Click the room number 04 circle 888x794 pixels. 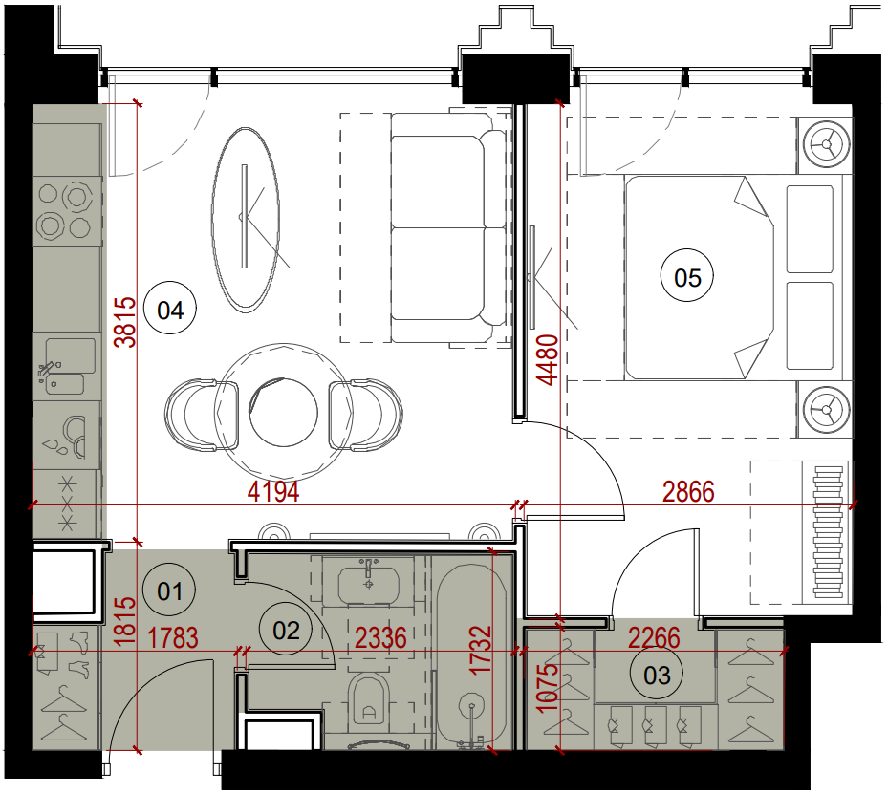click(170, 310)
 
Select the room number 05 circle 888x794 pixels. click(687, 277)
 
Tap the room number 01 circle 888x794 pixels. click(169, 590)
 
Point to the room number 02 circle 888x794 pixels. click(286, 630)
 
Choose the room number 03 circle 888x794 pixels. click(657, 674)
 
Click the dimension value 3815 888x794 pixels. click(125, 322)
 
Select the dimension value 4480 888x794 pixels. click(547, 360)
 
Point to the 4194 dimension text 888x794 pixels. click(273, 491)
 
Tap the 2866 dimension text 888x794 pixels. click(688, 491)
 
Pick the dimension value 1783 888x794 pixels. click(173, 638)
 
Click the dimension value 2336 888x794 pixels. click(380, 638)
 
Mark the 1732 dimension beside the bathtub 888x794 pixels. click(480, 649)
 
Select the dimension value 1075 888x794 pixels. click(547, 688)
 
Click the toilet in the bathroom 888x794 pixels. click(369, 701)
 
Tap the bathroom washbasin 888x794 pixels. click(369, 583)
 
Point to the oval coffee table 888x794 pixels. click(246, 219)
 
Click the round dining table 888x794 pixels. click(284, 412)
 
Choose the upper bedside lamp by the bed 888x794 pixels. click(826, 144)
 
